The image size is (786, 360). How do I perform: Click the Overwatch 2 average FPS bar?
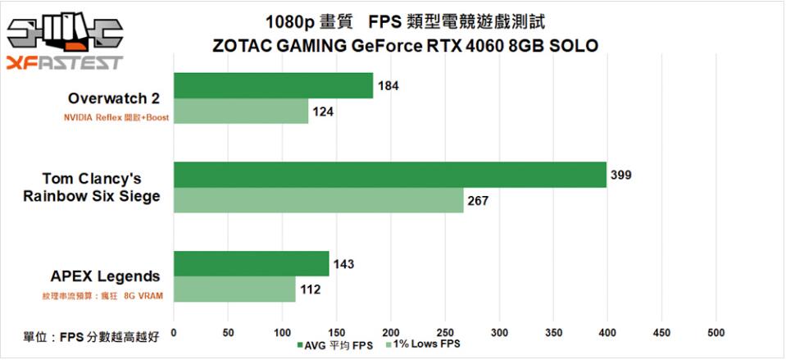(x=273, y=86)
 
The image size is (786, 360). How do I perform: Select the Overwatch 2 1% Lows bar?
(x=241, y=112)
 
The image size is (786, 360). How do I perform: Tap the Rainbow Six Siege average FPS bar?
(x=390, y=175)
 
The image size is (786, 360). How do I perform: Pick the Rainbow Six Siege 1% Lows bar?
(x=318, y=200)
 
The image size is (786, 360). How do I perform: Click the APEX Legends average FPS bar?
(x=251, y=264)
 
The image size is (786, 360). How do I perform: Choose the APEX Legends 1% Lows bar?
(x=234, y=289)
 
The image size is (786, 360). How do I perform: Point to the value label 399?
(x=620, y=175)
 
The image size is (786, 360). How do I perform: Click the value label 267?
(x=477, y=200)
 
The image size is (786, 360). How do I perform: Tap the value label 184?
(x=388, y=86)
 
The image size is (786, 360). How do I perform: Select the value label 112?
(x=310, y=289)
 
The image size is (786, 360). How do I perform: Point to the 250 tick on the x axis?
(x=444, y=333)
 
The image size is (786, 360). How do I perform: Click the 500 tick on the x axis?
(x=716, y=333)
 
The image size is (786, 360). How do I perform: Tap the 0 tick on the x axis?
(x=174, y=333)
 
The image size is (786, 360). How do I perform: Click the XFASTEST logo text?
(x=64, y=63)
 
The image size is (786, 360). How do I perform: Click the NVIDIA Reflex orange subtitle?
(x=116, y=117)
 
